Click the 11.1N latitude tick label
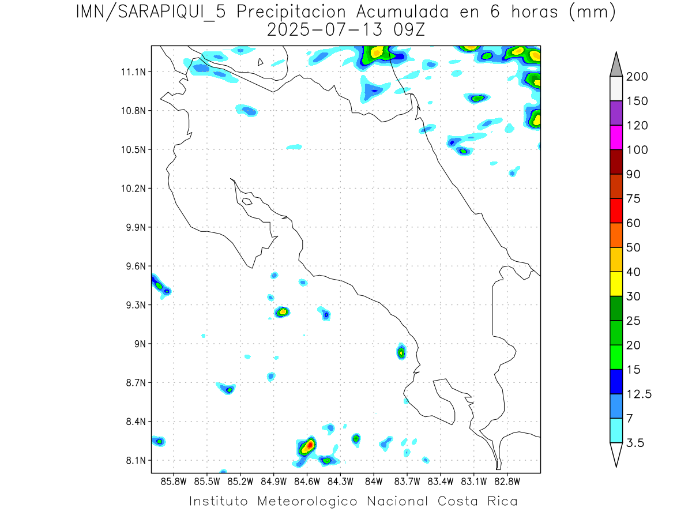pos(131,72)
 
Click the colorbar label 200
pos(637,77)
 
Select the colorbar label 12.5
pos(639,394)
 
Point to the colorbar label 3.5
pos(635,442)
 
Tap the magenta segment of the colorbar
pos(616,137)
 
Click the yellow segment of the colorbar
pos(616,283)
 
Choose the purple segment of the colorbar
pos(616,113)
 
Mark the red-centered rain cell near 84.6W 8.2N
pos(309,445)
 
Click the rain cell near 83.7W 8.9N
pos(401,351)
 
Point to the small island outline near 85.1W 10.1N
pos(247,201)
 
